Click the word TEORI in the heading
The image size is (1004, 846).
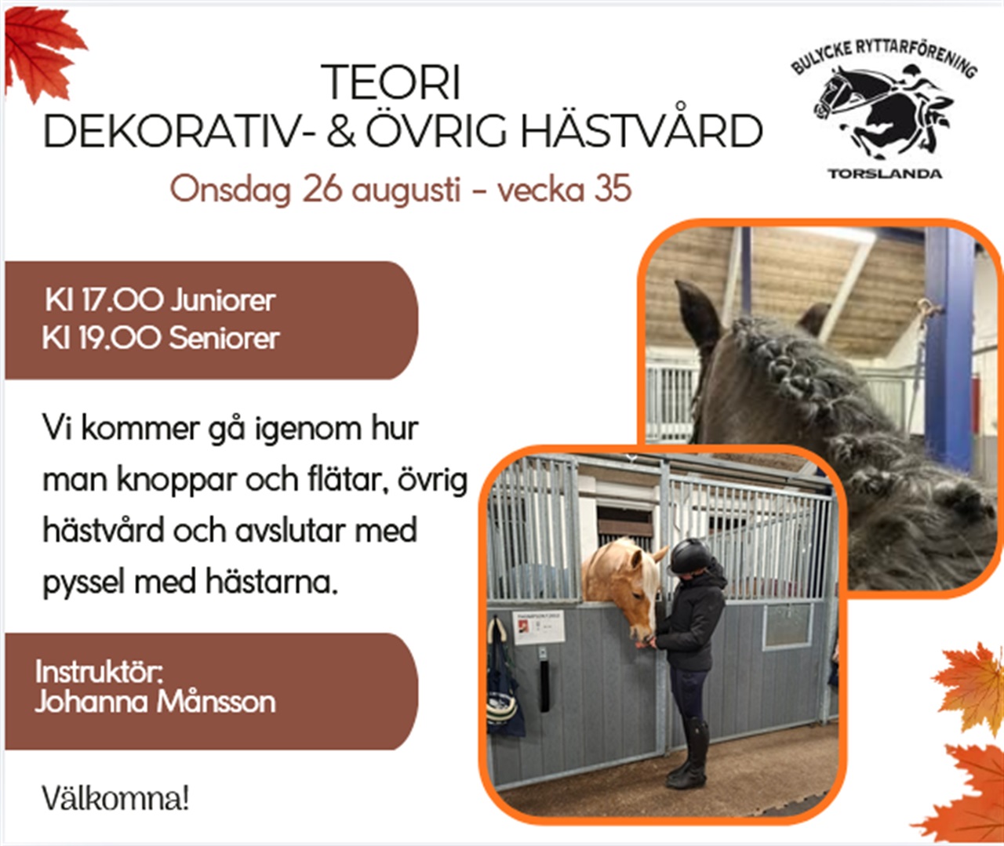pos(391,82)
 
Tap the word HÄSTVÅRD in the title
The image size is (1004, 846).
pos(642,130)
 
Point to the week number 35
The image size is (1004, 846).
pos(613,188)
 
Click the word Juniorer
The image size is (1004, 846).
pos(223,301)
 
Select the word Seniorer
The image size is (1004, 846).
pos(224,338)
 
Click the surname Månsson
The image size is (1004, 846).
pos(216,703)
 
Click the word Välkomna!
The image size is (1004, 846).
pos(115,799)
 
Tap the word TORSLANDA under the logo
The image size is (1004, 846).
pos(884,174)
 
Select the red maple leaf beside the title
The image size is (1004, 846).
pos(43,53)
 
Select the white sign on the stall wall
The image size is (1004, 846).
pos(538,626)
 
